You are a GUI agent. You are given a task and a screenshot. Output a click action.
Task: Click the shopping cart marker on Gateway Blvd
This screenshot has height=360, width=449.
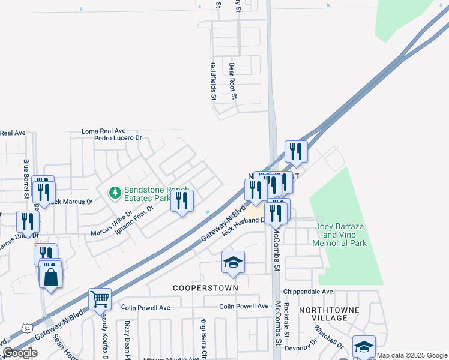pos(100,298)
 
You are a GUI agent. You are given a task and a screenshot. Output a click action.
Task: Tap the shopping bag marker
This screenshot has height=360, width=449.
pos(50,277)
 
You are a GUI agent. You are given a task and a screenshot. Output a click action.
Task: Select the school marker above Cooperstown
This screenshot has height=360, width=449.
pos(233,262)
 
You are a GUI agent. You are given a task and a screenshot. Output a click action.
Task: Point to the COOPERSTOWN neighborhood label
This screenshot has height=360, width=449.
pos(206,288)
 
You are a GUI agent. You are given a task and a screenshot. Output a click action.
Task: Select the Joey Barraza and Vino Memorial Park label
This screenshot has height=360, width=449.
pos(340,235)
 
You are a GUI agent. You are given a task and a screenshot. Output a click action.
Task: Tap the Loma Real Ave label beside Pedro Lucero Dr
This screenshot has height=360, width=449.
pos(104,131)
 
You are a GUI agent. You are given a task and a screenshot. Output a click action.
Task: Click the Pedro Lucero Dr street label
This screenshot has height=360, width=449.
pos(118,138)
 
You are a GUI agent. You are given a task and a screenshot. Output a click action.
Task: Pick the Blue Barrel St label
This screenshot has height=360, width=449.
pos(26,179)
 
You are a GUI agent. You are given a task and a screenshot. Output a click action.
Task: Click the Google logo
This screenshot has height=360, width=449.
pos(20,353)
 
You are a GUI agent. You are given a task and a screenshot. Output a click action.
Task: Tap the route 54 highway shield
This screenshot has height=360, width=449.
pos(26,328)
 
